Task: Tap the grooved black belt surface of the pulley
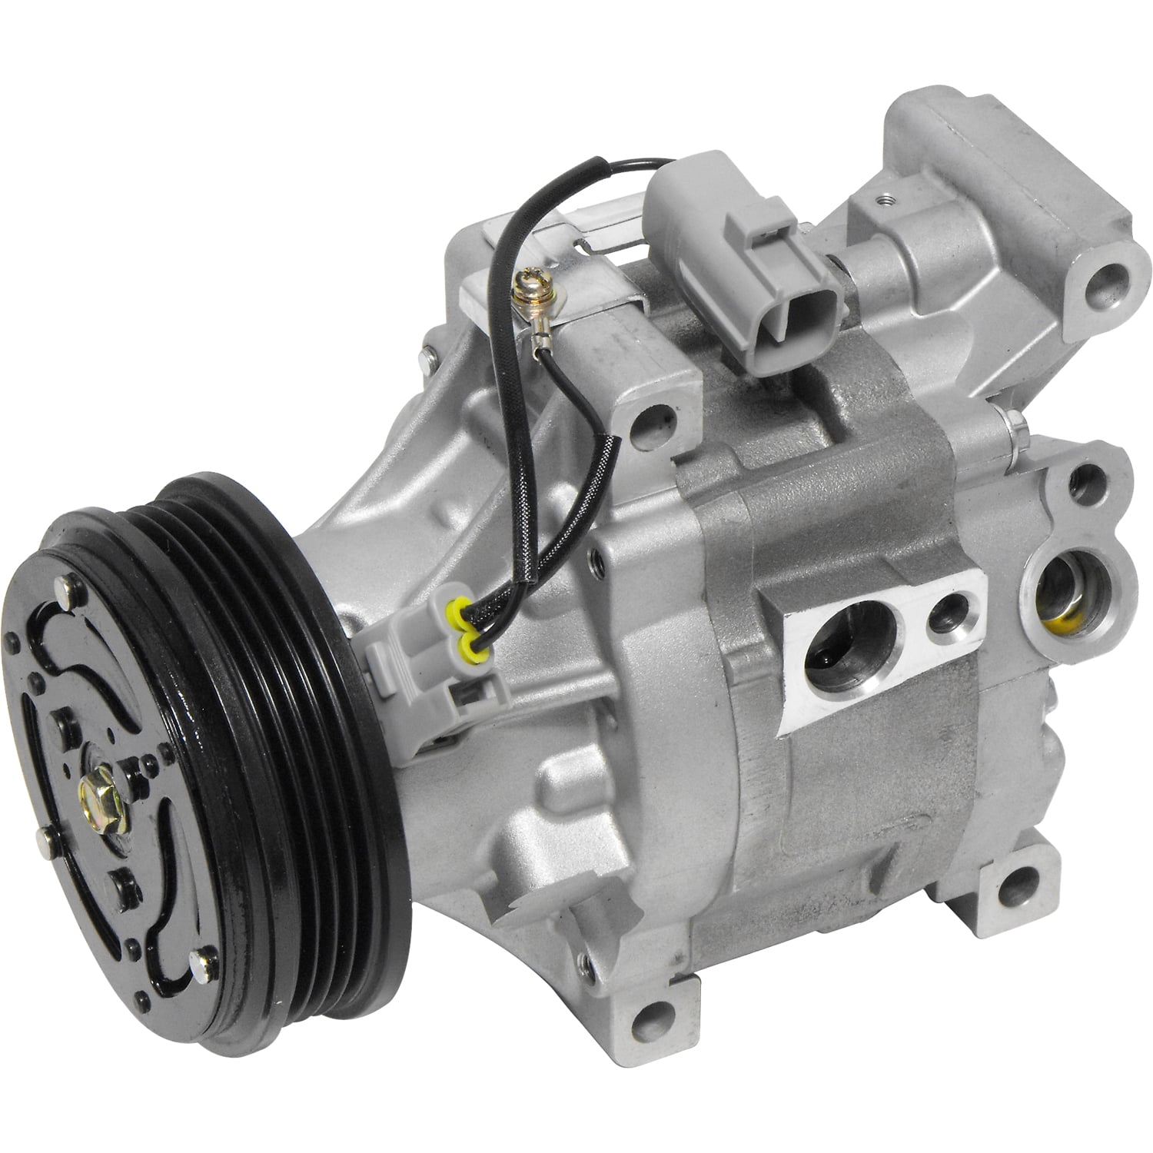coord(307,692)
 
